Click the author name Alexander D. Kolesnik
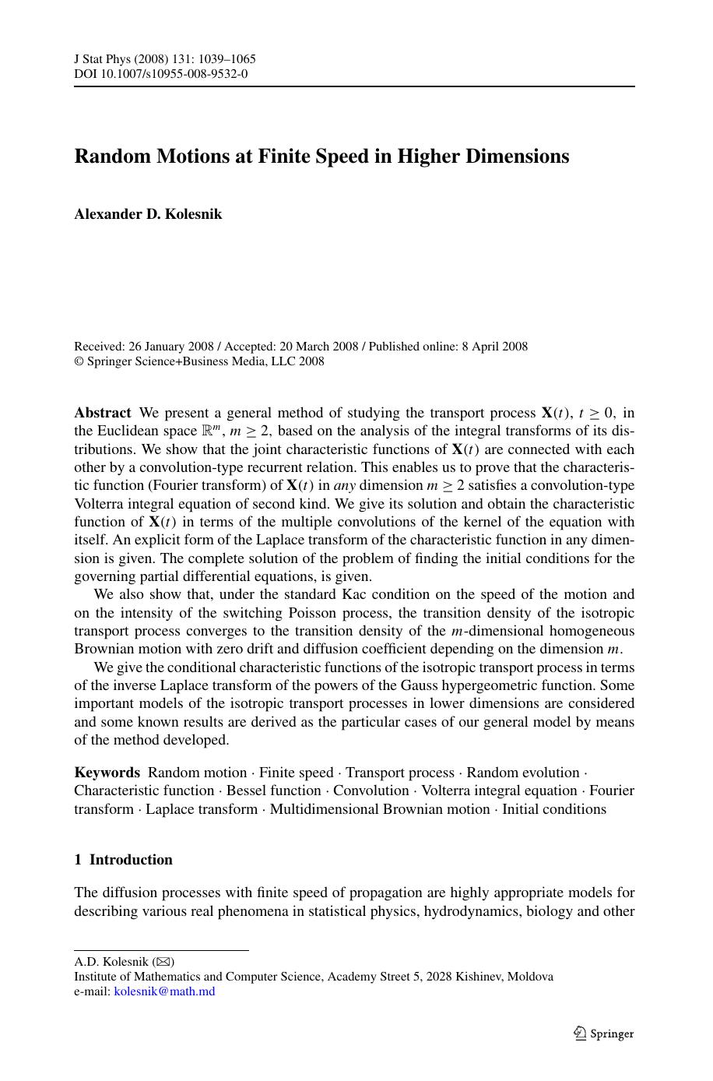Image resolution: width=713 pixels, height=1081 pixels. [148, 214]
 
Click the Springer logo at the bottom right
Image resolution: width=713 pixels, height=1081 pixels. [603, 1033]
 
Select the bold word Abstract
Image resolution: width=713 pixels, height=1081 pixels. [103, 413]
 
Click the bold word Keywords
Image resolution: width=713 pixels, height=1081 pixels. [107, 773]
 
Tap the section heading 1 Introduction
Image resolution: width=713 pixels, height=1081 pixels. [123, 860]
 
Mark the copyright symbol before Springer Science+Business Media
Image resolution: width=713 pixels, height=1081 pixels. [79, 361]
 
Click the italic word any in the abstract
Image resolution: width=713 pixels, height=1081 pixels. [345, 485]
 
